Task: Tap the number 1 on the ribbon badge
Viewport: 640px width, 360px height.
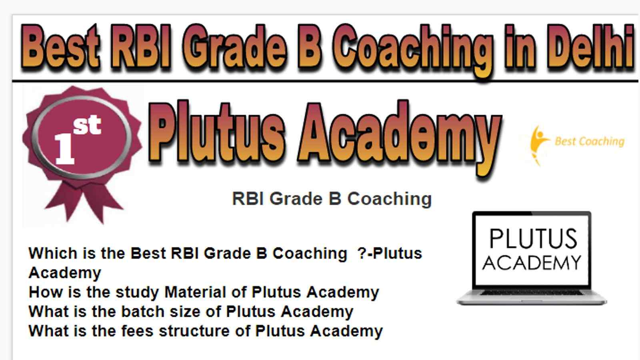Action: (64, 148)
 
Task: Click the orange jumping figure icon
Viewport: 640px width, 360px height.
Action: (538, 144)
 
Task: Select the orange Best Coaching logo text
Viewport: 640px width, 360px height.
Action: (590, 141)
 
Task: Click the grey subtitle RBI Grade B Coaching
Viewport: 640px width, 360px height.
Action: (332, 199)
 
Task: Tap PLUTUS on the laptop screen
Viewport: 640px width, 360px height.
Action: (533, 238)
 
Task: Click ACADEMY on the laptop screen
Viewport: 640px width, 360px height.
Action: (532, 263)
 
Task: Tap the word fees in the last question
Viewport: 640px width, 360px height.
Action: (137, 330)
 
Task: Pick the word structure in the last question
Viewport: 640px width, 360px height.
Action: (194, 331)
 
